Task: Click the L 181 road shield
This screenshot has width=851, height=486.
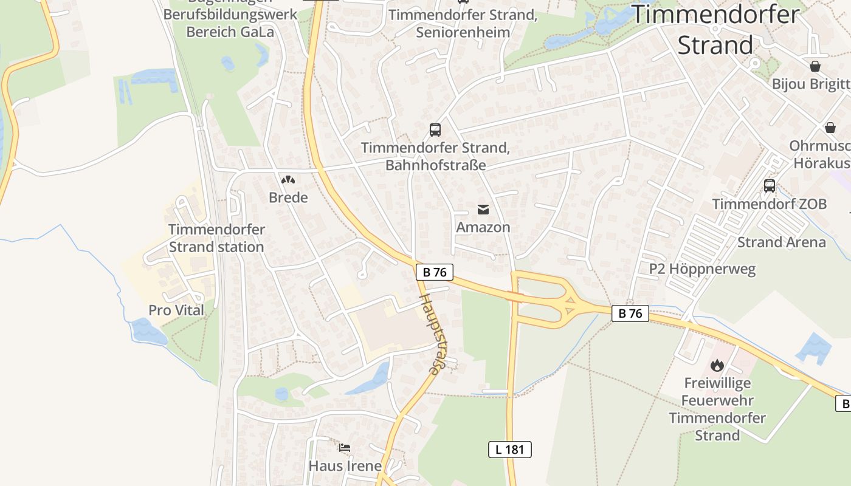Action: point(509,450)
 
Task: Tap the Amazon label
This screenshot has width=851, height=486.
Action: point(483,227)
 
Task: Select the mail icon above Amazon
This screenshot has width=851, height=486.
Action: point(483,210)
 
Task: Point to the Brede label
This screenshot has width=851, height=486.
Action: point(288,197)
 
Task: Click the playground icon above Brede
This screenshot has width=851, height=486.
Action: point(288,180)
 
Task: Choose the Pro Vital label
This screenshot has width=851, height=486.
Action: point(176,310)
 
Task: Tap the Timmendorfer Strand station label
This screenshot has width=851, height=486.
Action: point(216,238)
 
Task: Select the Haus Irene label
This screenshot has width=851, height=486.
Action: point(345,466)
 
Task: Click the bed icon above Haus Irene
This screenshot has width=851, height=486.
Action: point(345,448)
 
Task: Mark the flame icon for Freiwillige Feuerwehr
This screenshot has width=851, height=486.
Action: point(717,365)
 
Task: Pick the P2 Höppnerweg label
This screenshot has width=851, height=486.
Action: point(702,269)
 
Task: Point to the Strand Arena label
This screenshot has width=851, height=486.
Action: point(782,242)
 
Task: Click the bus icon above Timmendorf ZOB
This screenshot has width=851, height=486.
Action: point(770,186)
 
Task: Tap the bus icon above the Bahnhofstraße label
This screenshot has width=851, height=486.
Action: point(435,129)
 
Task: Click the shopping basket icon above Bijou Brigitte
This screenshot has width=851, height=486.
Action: point(815,66)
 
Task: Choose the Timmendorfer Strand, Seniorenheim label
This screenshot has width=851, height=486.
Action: point(463,23)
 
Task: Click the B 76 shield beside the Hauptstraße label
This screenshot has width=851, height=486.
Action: point(435,272)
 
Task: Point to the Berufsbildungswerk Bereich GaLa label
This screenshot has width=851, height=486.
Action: point(230,22)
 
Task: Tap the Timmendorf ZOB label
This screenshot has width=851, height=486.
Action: point(770,204)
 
